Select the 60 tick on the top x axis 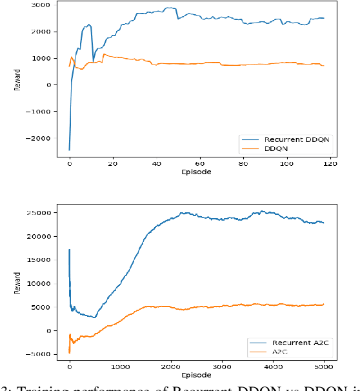[x=199, y=164]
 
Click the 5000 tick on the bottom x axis [x=323, y=366]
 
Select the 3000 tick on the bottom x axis [x=221, y=366]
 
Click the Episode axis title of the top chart [x=196, y=172]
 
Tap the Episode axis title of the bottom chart [x=196, y=374]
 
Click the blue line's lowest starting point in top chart [x=69, y=150]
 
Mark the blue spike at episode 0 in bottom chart [x=69, y=250]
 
